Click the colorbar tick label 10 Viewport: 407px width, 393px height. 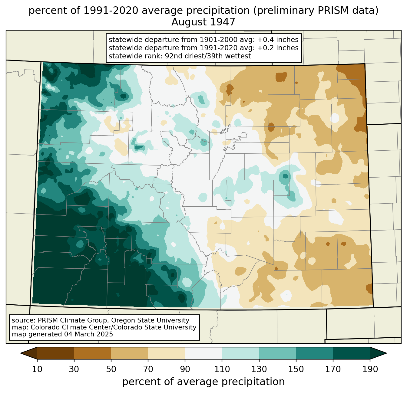[x=37, y=369]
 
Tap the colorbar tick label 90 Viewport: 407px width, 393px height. [x=185, y=369]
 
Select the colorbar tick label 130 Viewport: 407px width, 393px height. [x=259, y=369]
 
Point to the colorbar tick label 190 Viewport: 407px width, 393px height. [x=370, y=369]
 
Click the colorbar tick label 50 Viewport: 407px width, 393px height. [x=111, y=369]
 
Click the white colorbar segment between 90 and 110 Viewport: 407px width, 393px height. [x=203, y=353]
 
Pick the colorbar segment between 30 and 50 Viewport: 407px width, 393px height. [x=92, y=353]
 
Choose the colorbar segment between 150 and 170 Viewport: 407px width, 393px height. [x=315, y=353]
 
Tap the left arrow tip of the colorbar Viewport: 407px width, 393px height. [x=21, y=353]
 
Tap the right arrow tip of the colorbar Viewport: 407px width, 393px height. [x=386, y=353]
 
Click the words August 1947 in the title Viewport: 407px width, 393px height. [x=203, y=22]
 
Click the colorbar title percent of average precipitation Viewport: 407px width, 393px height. [x=203, y=382]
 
